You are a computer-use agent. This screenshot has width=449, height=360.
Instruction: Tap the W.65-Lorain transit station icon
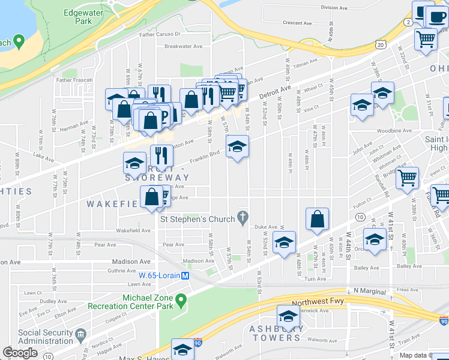(x=185, y=276)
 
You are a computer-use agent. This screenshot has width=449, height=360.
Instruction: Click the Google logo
(x=20, y=353)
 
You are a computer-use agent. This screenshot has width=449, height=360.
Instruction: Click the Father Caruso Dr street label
(x=160, y=35)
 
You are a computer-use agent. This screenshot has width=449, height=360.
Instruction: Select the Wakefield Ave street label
(x=132, y=230)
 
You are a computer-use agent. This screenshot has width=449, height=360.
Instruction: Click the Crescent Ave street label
(x=297, y=23)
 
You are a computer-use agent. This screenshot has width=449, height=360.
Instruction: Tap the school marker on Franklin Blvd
(x=237, y=146)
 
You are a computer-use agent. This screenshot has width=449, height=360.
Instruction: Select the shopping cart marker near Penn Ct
(x=408, y=178)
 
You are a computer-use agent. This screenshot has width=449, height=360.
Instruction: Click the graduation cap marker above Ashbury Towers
(x=288, y=317)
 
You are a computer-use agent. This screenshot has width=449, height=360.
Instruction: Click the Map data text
(x=413, y=355)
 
